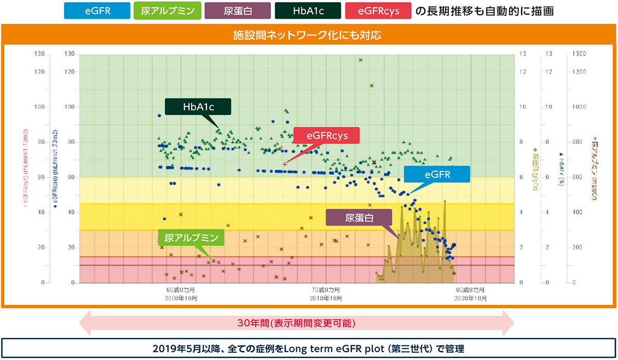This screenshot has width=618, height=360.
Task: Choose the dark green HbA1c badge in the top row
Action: (x=307, y=11)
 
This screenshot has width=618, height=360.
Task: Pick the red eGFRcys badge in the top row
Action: (x=378, y=11)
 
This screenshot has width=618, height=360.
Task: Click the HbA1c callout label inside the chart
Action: (x=198, y=107)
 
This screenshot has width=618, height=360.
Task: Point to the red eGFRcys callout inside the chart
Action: (x=327, y=136)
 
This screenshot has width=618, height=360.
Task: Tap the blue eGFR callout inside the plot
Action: (x=437, y=174)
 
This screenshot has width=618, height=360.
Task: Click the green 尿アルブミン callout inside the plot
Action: (x=192, y=238)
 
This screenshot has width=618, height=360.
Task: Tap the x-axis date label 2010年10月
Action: (x=327, y=298)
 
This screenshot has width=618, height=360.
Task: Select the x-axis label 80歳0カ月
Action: (x=471, y=290)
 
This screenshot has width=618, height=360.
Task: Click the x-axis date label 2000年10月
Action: (x=181, y=298)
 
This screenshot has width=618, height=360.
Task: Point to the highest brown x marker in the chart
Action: (x=360, y=60)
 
